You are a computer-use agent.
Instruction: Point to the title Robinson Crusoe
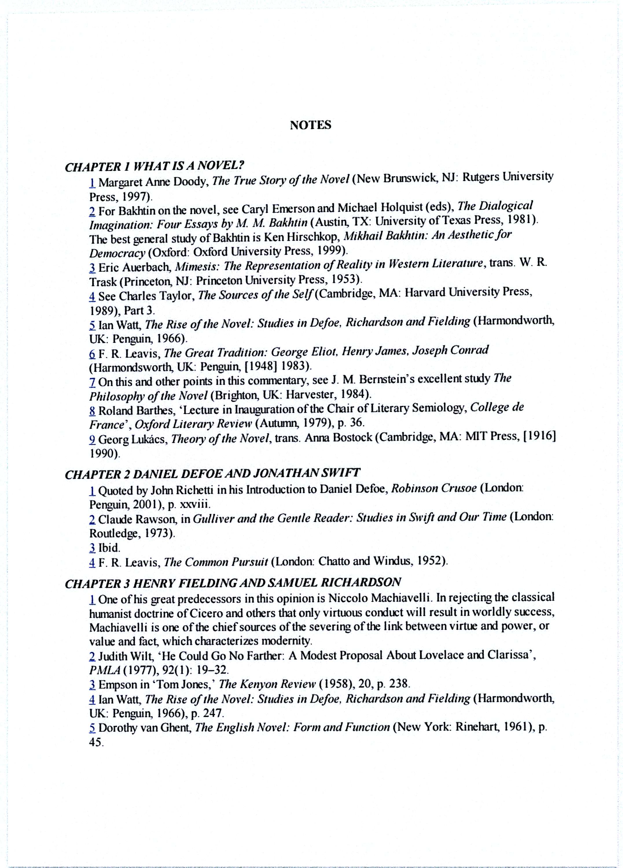click(434, 489)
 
